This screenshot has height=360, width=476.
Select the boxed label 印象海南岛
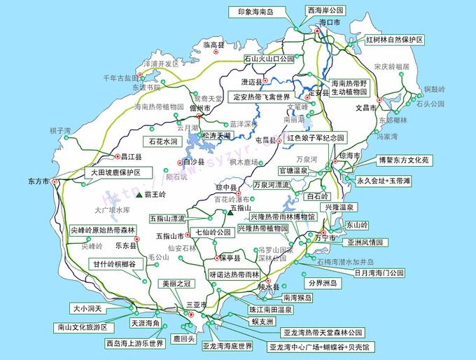255,12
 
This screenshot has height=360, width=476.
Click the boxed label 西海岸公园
325,11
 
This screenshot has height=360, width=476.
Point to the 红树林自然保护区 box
395,40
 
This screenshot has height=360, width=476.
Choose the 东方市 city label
39,181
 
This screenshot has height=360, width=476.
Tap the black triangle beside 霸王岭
139,194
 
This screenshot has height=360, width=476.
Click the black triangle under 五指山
229,214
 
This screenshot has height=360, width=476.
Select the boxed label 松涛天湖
215,134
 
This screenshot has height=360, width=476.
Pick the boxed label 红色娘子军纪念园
316,138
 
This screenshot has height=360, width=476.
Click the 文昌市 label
366,109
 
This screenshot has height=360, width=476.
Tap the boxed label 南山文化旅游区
83,327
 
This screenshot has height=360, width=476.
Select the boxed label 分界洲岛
323,284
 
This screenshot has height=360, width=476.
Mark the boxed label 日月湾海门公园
379,272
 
